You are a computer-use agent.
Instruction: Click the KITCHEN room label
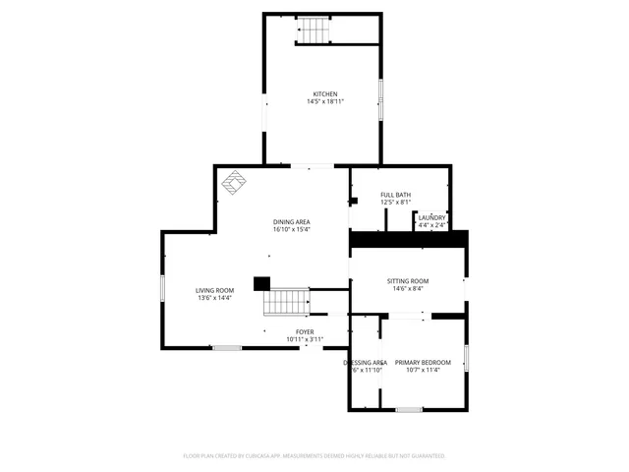pyautogui.click(x=325, y=94)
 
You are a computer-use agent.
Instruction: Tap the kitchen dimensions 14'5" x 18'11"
pyautogui.click(x=325, y=101)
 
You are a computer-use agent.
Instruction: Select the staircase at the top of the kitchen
pyautogui.click(x=314, y=32)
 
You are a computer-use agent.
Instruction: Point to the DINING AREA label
pyautogui.click(x=292, y=222)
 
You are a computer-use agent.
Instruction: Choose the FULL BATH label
pyautogui.click(x=396, y=195)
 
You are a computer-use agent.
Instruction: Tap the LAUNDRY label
pyautogui.click(x=431, y=218)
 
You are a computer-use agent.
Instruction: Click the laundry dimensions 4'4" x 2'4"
pyautogui.click(x=431, y=225)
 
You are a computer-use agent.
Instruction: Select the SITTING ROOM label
pyautogui.click(x=407, y=281)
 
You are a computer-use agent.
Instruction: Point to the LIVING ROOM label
pyautogui.click(x=214, y=290)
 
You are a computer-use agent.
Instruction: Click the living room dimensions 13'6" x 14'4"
pyautogui.click(x=214, y=298)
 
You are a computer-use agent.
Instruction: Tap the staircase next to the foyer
pyautogui.click(x=288, y=301)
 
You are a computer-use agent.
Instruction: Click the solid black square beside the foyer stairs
pyautogui.click(x=261, y=283)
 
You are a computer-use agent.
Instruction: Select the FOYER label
pyautogui.click(x=305, y=332)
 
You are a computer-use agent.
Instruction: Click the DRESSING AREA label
pyautogui.click(x=365, y=362)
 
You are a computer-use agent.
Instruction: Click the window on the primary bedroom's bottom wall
pyautogui.click(x=409, y=409)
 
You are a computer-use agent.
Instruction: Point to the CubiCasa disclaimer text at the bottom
pyautogui.click(x=314, y=456)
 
